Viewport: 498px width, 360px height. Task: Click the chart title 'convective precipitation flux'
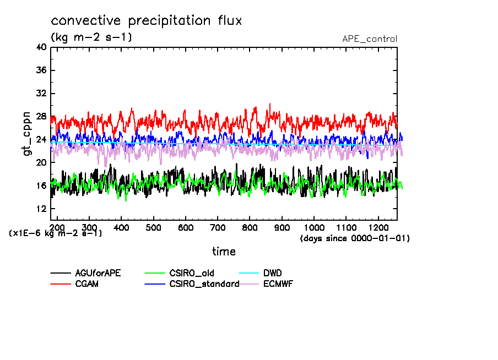tap(147, 21)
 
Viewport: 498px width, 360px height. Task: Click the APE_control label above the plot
tap(369, 39)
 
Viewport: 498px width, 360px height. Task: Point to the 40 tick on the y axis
tap(40, 47)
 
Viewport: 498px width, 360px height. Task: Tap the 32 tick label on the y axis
tap(40, 94)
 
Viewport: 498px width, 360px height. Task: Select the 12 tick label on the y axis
tap(40, 209)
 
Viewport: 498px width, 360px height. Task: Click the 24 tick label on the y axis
tap(40, 140)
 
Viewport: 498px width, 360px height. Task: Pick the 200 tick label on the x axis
tap(57, 227)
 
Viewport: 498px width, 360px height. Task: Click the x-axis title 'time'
tap(224, 252)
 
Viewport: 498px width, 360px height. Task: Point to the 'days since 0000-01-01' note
tap(355, 238)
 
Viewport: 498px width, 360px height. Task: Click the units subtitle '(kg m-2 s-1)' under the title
tap(91, 37)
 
